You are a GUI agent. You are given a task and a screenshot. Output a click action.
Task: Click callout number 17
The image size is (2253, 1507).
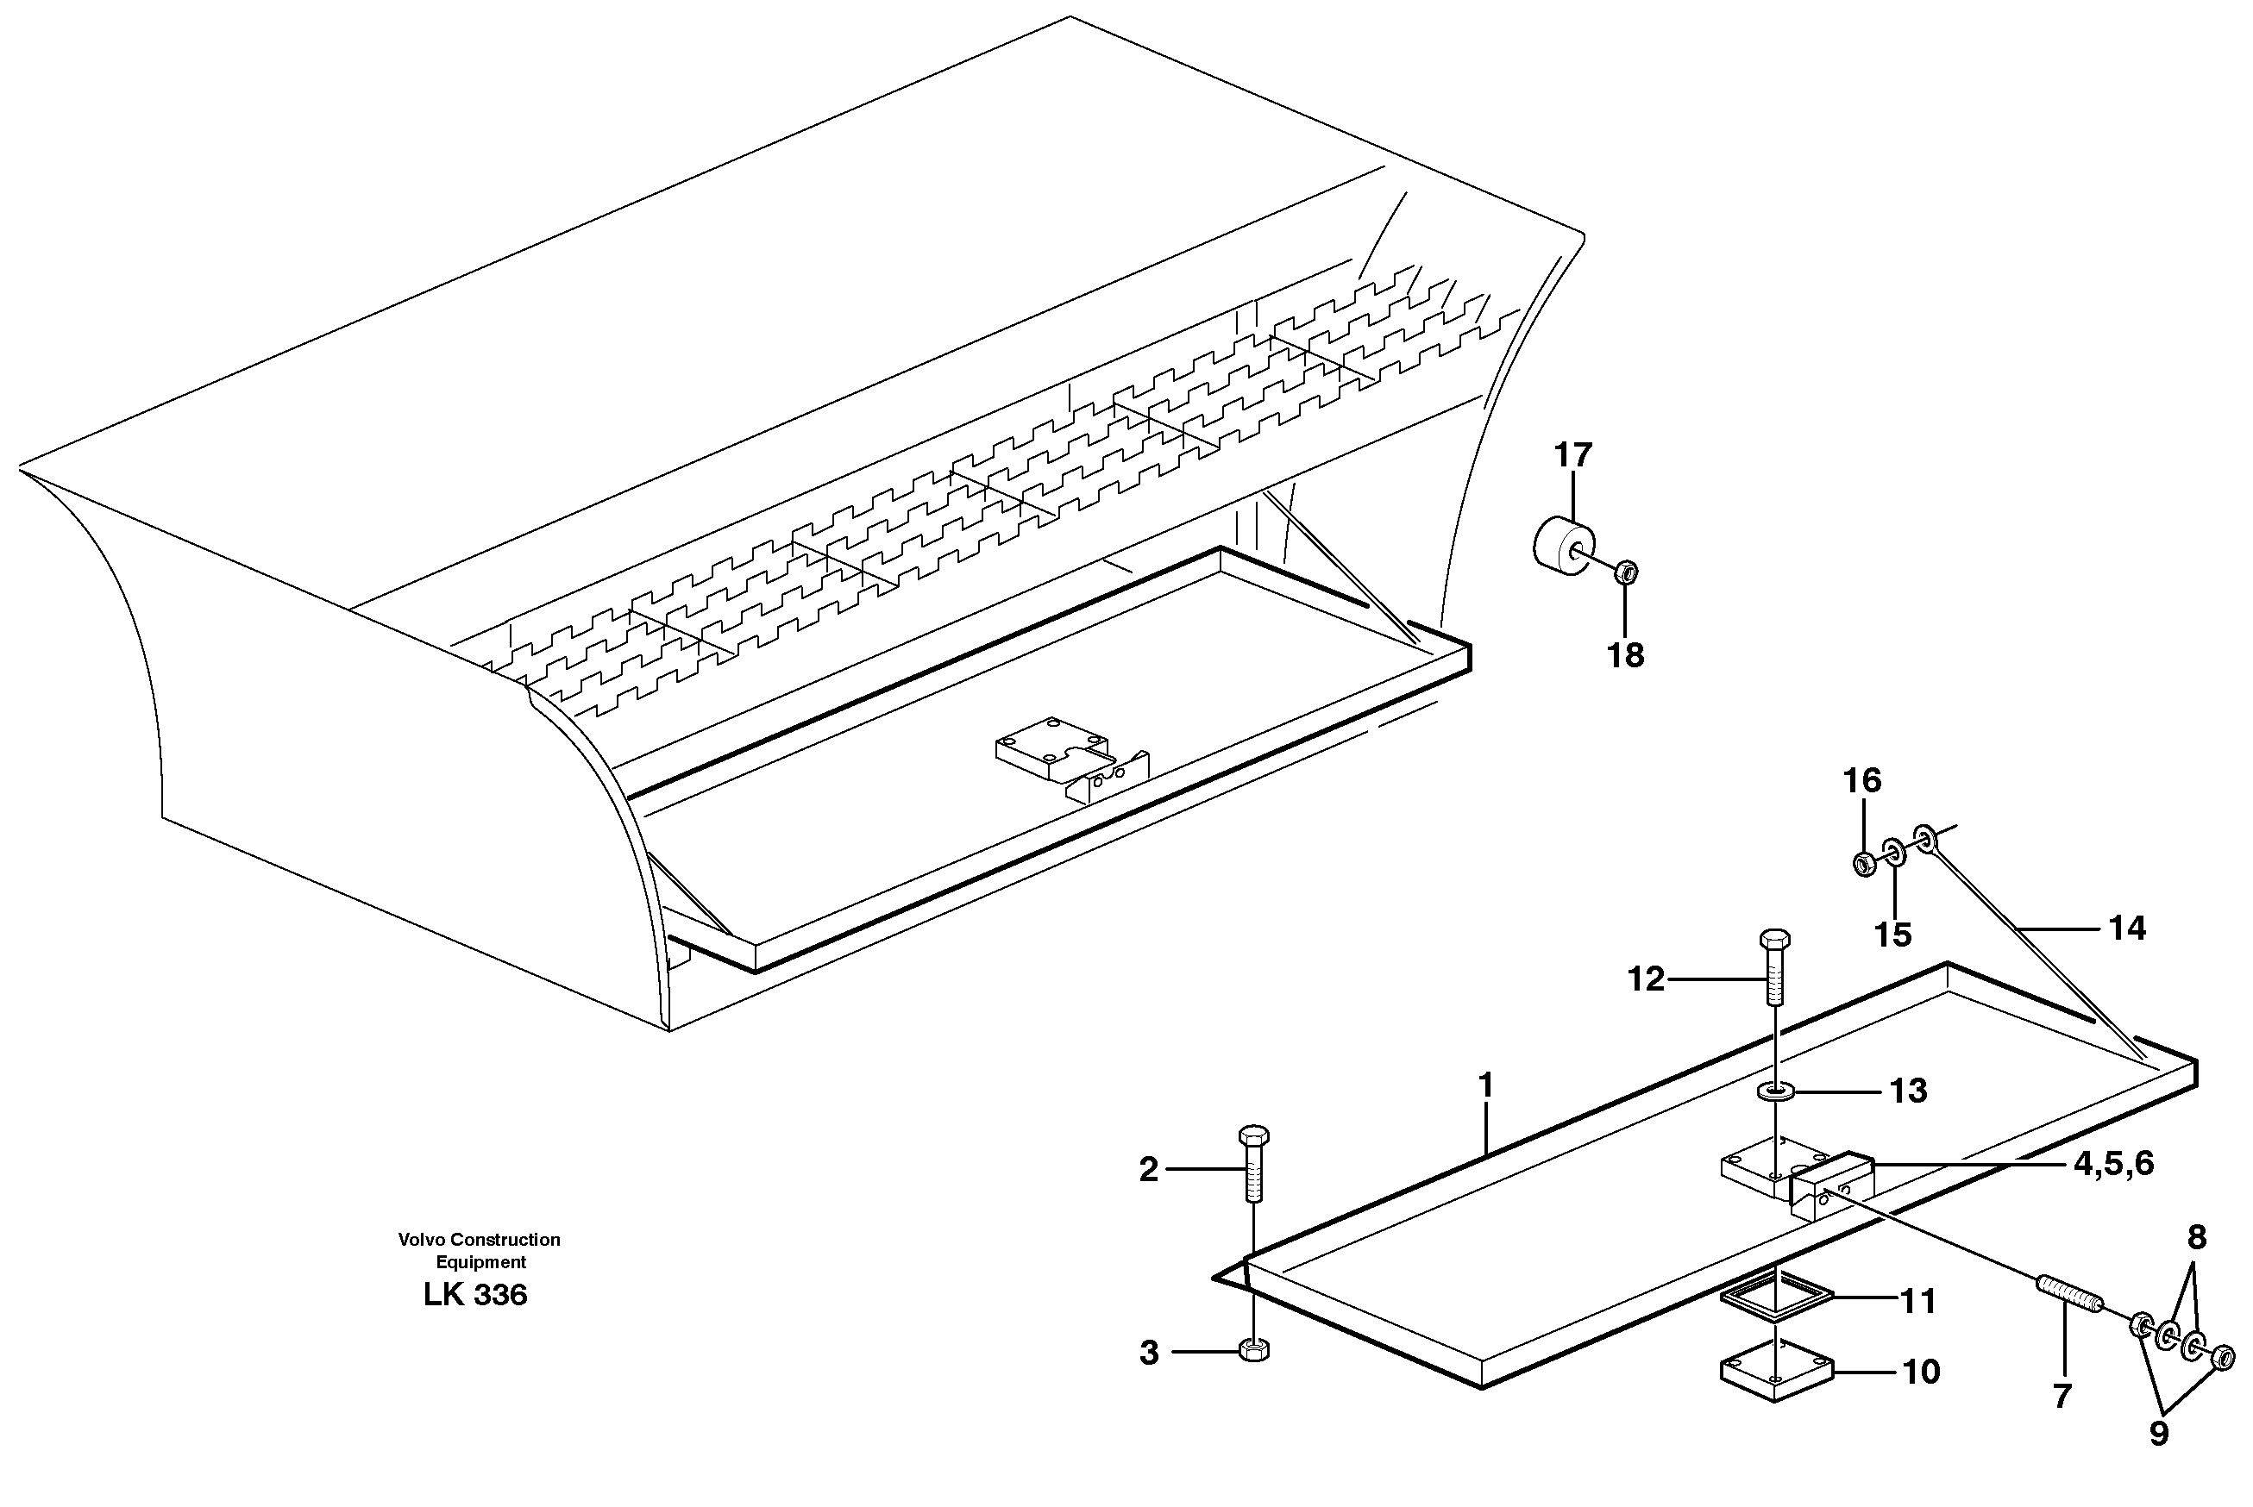pos(1573,454)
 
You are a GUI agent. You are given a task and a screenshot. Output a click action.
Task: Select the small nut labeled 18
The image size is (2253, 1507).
pos(1627,572)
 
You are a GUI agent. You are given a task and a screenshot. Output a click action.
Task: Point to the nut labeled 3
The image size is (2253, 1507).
pos(1255,1350)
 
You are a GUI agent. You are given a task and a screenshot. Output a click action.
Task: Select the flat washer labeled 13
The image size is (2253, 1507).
pos(1775,1091)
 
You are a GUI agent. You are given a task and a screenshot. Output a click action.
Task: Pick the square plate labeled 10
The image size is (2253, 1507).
pos(1777,1373)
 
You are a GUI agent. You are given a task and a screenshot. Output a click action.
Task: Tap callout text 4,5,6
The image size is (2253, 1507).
pos(2113,1164)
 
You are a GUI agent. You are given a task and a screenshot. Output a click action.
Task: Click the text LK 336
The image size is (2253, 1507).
pos(475,1296)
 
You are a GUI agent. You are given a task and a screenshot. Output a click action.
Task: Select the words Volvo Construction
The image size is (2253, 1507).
pos(479,1240)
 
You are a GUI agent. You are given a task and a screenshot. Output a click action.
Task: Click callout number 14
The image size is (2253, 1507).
pos(2127,929)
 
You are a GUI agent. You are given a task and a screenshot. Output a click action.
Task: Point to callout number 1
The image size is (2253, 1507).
pos(1485,1086)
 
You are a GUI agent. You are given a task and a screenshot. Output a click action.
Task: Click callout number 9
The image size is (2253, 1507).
pos(2159,1435)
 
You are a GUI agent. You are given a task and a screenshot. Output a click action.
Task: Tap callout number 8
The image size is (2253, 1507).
pos(2196,1238)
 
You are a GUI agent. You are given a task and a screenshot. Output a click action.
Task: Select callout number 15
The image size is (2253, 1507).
pos(1893,935)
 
